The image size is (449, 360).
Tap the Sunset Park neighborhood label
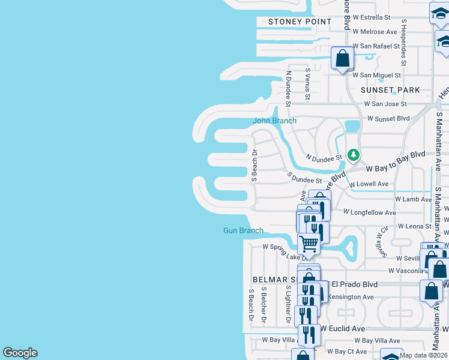[x=390, y=90]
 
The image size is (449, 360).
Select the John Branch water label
[x=274, y=121]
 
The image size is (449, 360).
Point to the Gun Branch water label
[x=243, y=230]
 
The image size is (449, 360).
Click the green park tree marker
[x=354, y=155]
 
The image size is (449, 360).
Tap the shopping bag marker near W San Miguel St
[x=342, y=59]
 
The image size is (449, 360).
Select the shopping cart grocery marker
[x=309, y=244]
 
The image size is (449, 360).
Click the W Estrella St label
[x=372, y=17]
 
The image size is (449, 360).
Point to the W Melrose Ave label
[x=375, y=31]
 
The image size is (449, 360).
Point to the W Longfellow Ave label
[x=369, y=212]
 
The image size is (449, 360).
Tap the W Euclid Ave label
[x=342, y=329]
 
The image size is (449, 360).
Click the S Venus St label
[x=307, y=83]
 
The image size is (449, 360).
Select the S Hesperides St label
[x=405, y=42]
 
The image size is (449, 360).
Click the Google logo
[x=20, y=353]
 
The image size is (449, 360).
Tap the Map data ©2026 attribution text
[x=423, y=355]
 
